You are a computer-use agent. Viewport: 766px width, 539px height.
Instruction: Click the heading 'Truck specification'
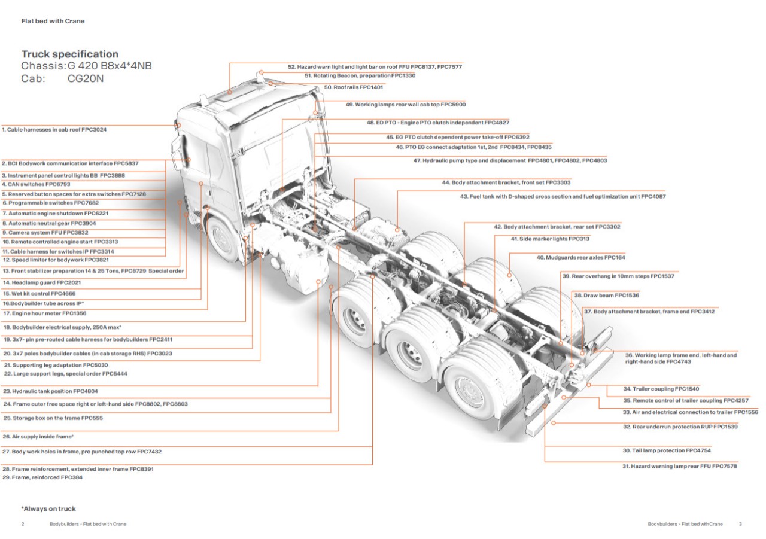pos(70,54)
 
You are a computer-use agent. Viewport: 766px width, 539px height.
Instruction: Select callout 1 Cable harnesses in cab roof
pos(54,129)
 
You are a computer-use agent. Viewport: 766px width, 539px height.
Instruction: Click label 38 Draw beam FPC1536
pos(606,296)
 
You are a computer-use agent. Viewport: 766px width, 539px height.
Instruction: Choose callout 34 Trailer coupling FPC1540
pos(652,389)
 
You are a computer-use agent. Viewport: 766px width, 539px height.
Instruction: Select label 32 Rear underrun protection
pos(680,427)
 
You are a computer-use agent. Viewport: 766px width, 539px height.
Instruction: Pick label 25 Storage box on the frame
pos(53,418)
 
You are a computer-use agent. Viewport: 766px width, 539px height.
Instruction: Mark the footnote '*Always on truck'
pos(48,509)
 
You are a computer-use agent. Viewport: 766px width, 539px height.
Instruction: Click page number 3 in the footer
pos(740,524)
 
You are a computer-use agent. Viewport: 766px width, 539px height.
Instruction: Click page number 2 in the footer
pos(23,524)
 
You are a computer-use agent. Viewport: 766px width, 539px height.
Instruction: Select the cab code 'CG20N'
pos(86,78)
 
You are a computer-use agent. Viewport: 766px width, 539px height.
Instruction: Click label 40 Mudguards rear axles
pos(580,257)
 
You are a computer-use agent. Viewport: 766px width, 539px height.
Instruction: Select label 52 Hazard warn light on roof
pos(375,67)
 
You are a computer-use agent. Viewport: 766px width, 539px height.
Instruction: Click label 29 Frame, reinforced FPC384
pos(42,477)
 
